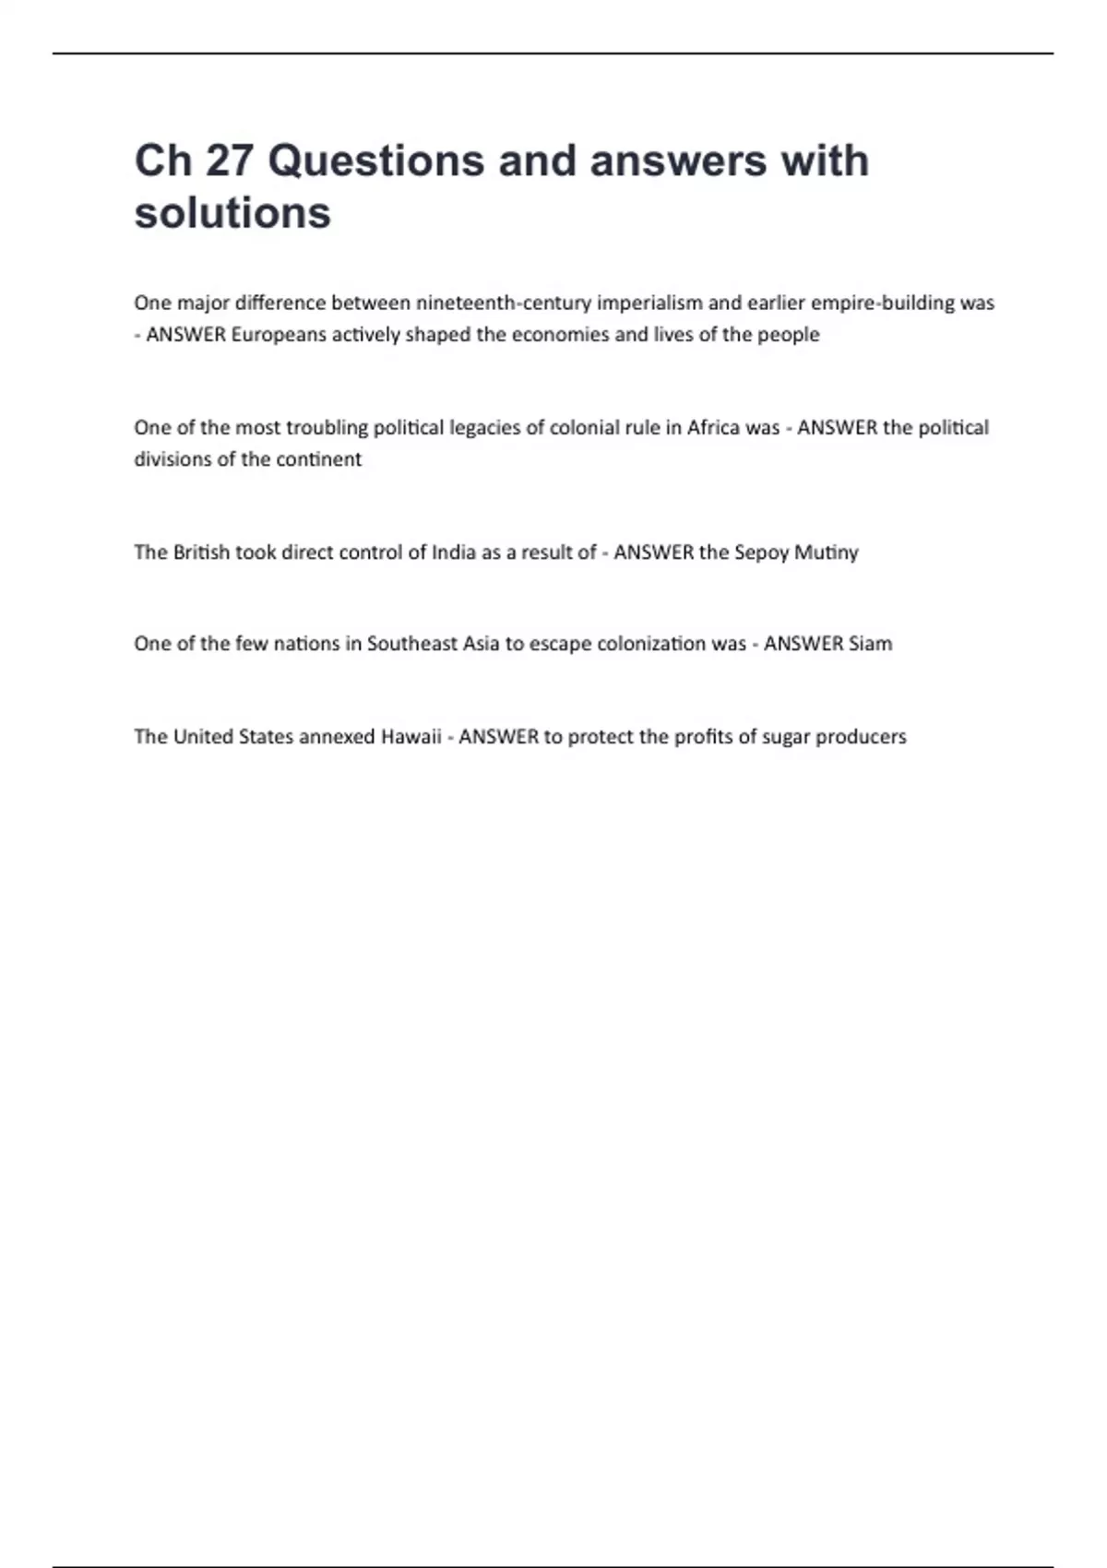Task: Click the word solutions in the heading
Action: (232, 213)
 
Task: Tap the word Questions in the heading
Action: (375, 160)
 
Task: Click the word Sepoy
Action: (761, 552)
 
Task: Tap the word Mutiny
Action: (827, 552)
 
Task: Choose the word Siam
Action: (870, 643)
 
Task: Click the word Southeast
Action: (411, 643)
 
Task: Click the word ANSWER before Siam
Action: (803, 643)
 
